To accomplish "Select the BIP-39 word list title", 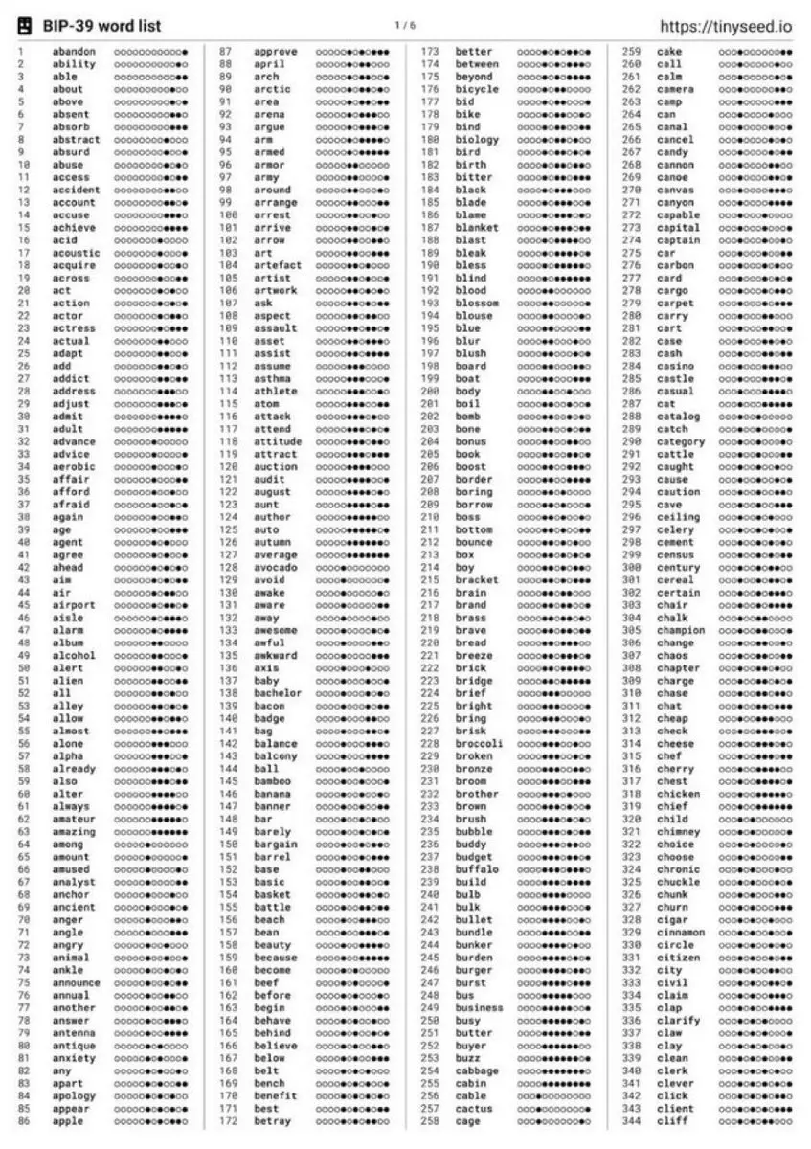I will tap(101, 26).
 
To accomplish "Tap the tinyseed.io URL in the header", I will tap(727, 26).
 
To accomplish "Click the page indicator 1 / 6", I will tap(405, 25).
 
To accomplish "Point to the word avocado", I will tap(275, 568).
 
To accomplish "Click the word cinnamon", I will tap(681, 933).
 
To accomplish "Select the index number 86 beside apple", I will tap(24, 1121).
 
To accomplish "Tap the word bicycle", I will tap(477, 90).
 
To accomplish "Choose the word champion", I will tap(681, 631).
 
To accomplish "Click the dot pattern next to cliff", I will tap(755, 1121).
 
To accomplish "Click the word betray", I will tap(274, 1121).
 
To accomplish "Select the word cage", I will tap(468, 1121).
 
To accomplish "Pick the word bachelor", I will tap(278, 693).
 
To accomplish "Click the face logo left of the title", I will tap(26, 26).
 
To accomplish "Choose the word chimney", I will tap(678, 832).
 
